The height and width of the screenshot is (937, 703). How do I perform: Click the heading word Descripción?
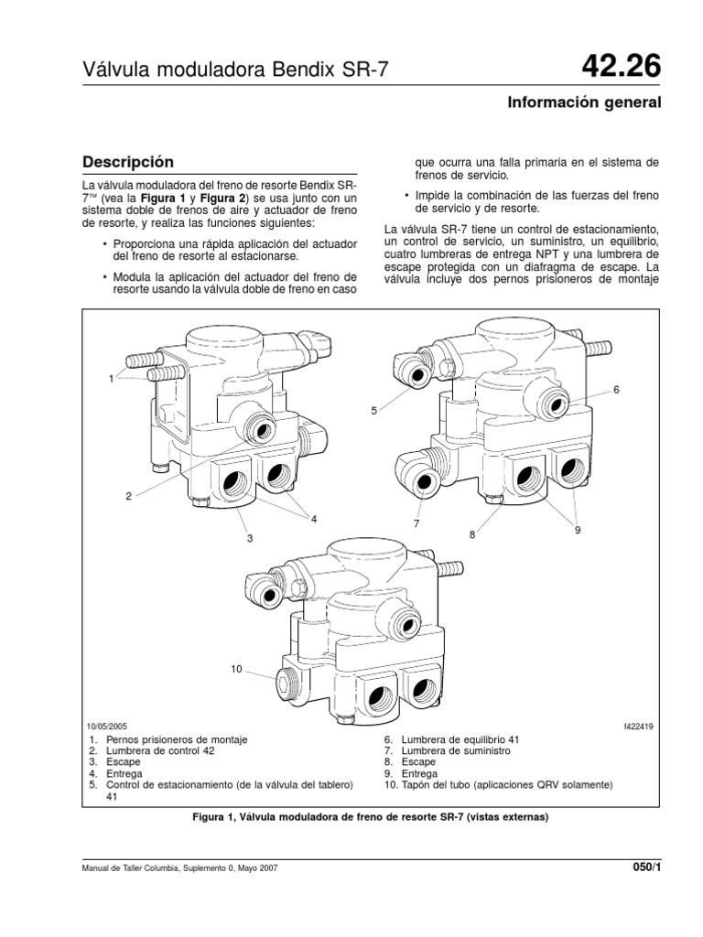point(128,162)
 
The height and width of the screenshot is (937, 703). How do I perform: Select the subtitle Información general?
point(584,102)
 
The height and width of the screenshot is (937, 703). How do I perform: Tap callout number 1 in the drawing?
point(112,379)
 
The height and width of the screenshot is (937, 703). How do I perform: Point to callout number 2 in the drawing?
point(129,496)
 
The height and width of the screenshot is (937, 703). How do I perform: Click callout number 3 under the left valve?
point(248,538)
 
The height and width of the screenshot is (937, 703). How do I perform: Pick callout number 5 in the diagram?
point(373,412)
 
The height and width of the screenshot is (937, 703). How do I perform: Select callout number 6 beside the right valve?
point(617,390)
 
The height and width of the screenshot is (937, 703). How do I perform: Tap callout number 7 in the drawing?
point(415,523)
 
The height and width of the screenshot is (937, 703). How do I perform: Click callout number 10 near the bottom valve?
point(235,670)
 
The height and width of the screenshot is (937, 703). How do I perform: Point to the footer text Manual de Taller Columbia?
point(147,867)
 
